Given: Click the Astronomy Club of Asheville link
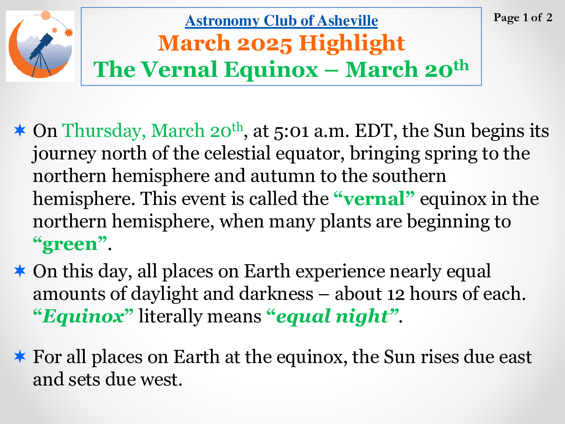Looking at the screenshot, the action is [281, 21].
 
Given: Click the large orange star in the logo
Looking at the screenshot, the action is [69, 32].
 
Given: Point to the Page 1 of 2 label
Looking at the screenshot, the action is [523, 18].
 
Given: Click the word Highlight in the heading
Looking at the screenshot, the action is [352, 44].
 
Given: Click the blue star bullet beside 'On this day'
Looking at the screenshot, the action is [20, 271].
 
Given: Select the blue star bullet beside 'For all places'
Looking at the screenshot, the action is [20, 356].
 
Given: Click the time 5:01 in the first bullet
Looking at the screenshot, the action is [291, 131].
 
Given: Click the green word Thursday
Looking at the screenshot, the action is [102, 131].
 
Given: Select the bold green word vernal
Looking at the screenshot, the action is [374, 199].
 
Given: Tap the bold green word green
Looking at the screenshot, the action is [70, 244].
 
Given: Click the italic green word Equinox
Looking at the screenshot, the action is [83, 316].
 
